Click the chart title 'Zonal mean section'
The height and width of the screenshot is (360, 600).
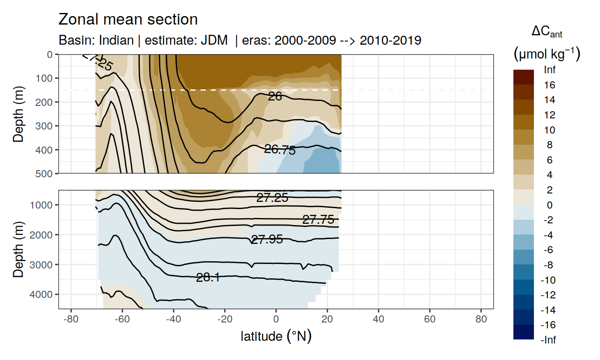click(x=128, y=20)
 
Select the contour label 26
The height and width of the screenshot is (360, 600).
click(x=275, y=96)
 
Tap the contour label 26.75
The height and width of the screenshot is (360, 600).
click(x=280, y=150)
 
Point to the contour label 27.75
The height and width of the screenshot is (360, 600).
click(x=318, y=219)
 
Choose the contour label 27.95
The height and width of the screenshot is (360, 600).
click(x=267, y=239)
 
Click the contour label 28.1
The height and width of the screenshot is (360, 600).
click(x=208, y=277)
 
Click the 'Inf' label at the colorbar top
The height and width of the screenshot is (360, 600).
click(x=549, y=70)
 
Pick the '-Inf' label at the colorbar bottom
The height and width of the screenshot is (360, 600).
click(x=549, y=340)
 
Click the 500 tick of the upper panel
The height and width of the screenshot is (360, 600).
click(x=46, y=173)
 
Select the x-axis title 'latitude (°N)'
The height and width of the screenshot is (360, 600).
click(x=276, y=336)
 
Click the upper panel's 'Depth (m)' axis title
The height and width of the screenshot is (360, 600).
click(x=18, y=113)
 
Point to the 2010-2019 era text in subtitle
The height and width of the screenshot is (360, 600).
click(x=391, y=40)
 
